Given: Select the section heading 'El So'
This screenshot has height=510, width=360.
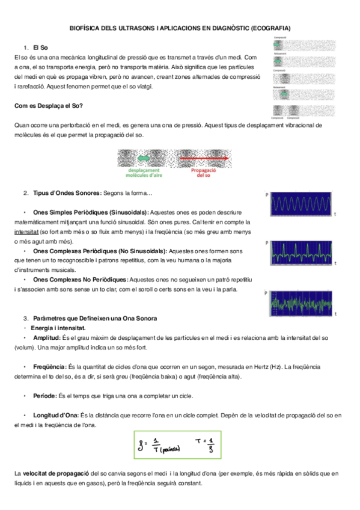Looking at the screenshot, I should [x=40, y=47].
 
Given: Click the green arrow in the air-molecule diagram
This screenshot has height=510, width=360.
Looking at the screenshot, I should [x=144, y=158].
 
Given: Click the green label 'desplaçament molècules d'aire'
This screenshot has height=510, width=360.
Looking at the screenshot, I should [x=144, y=173].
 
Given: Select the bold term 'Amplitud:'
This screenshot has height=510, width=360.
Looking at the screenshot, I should [x=47, y=338].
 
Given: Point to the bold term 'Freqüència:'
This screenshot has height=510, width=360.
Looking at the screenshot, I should [x=49, y=366].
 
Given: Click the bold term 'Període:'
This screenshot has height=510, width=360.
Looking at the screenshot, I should [x=45, y=396].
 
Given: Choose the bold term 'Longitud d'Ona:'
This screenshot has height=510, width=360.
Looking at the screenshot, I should [x=56, y=416].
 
